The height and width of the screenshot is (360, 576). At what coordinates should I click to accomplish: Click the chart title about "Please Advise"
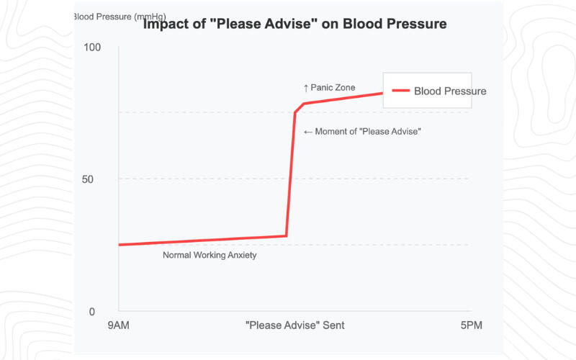(x=295, y=24)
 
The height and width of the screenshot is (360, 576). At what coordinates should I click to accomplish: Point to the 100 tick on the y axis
(x=93, y=48)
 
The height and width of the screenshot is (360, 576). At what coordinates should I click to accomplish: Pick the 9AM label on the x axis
(x=119, y=325)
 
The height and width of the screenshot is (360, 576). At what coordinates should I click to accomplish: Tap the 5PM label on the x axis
(x=471, y=325)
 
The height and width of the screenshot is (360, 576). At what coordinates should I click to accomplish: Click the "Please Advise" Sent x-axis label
(x=295, y=325)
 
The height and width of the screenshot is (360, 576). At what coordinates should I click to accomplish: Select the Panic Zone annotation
(x=329, y=88)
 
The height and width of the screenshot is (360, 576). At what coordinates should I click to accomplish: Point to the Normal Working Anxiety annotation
(x=210, y=255)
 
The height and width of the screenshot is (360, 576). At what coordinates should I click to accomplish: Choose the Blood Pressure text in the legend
(x=450, y=91)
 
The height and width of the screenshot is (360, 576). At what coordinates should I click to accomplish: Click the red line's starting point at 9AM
(x=120, y=245)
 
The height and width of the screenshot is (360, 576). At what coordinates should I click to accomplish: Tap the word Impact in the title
(x=166, y=24)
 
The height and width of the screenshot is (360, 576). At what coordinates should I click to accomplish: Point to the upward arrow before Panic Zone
(x=306, y=88)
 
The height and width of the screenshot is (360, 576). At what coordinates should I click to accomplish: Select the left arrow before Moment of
(x=308, y=132)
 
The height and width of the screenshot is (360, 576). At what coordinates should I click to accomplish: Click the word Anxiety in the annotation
(x=240, y=255)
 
